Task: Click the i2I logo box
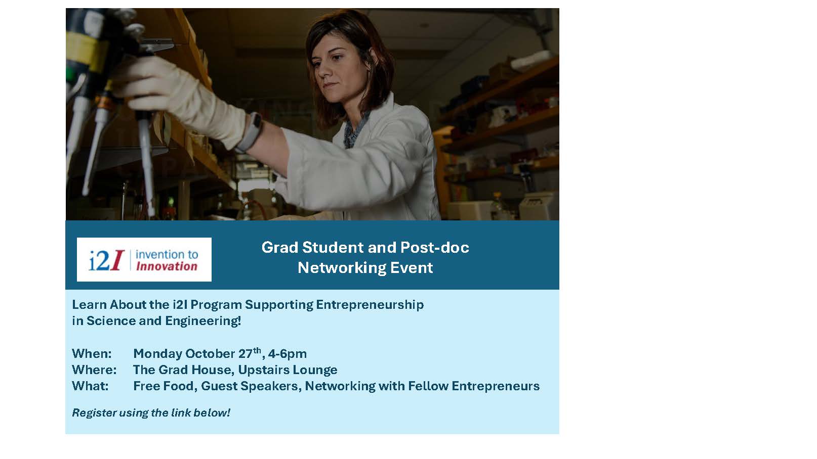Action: coord(144,259)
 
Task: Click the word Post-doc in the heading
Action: coord(435,248)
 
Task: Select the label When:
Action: coord(92,354)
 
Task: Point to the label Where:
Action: coord(94,370)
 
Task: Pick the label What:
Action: coord(90,386)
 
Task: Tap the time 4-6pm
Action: coord(288,354)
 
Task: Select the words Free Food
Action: coord(163,386)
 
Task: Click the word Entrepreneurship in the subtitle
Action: coord(370,305)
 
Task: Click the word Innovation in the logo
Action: coord(167,266)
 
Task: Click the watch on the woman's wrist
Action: coord(252,132)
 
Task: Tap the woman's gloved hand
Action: coord(179,99)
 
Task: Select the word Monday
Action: coord(157,354)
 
